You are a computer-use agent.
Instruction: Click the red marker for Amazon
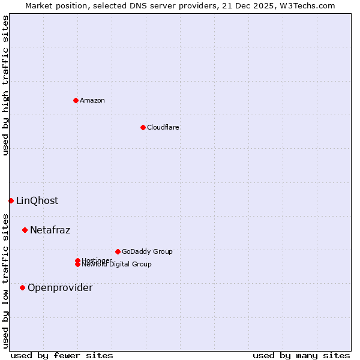pyautogui.click(x=76, y=100)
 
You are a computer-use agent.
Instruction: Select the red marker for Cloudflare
pyautogui.click(x=143, y=127)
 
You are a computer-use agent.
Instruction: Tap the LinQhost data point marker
pyautogui.click(x=11, y=200)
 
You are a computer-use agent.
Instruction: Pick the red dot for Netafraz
pyautogui.click(x=25, y=230)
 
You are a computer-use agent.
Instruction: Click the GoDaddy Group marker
pyautogui.click(x=118, y=251)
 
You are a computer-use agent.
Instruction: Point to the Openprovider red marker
pyautogui.click(x=22, y=287)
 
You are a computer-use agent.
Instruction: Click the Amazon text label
pyautogui.click(x=92, y=100)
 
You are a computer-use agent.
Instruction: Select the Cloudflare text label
pyautogui.click(x=163, y=127)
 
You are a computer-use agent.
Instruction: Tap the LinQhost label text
pyautogui.click(x=37, y=200)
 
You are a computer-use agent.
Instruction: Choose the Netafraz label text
pyautogui.click(x=50, y=230)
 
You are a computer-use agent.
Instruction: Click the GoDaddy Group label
pyautogui.click(x=147, y=251)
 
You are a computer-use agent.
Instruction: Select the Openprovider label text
pyautogui.click(x=60, y=287)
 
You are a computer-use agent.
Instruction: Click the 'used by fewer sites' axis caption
pyautogui.click(x=62, y=355)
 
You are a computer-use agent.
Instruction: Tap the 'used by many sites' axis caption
pyautogui.click(x=301, y=355)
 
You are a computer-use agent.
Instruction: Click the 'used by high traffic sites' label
pyautogui.click(x=5, y=85)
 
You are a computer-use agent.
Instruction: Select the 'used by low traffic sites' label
pyautogui.click(x=5, y=280)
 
